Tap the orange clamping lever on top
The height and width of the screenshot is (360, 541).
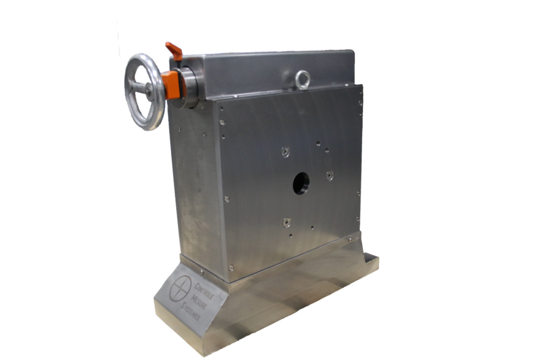click(174, 50)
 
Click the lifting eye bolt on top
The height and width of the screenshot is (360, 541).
click(303, 80)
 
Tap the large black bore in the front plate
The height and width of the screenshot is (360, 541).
click(301, 184)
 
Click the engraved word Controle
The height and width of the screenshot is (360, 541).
click(204, 291)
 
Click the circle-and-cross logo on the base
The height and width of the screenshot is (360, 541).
click(180, 288)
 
